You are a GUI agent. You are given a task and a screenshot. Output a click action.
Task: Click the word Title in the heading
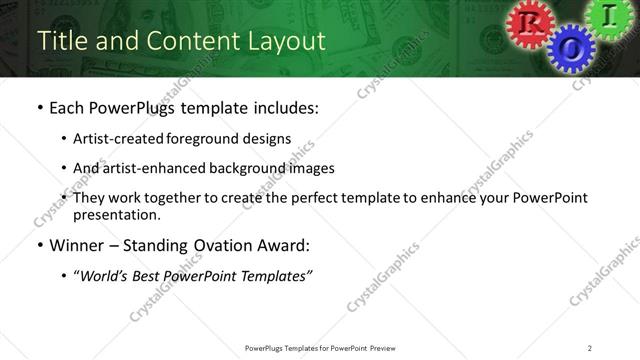point(60,41)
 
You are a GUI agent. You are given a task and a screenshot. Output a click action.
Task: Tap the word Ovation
point(227,245)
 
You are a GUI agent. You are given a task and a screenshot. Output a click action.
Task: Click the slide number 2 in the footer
point(590,348)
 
